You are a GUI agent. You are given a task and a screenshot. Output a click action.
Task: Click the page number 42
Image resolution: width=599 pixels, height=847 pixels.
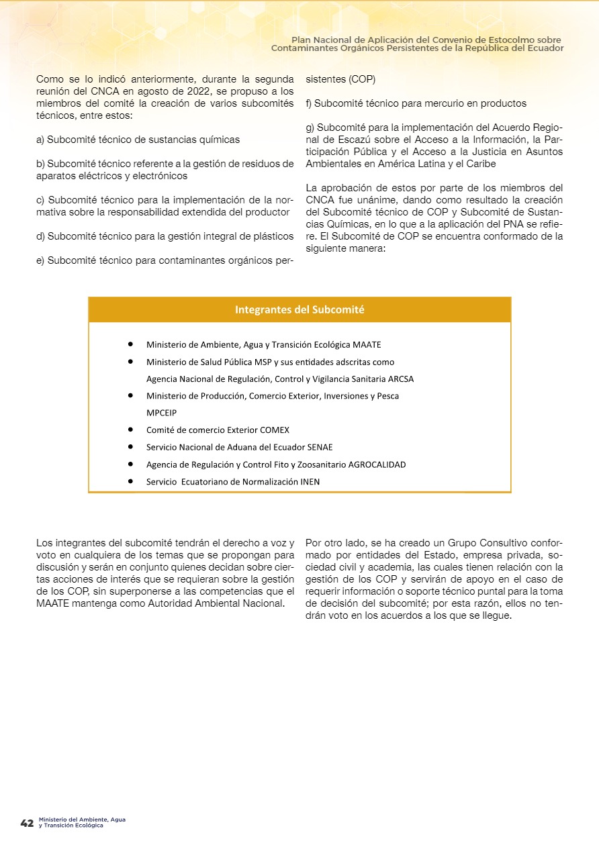27,823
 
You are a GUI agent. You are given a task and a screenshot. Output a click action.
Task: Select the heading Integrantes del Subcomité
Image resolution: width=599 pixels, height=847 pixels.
299,309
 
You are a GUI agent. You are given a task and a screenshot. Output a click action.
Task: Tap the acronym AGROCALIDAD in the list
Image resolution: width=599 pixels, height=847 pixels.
377,464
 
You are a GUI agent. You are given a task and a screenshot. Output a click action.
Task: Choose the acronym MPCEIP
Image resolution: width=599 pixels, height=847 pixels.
162,413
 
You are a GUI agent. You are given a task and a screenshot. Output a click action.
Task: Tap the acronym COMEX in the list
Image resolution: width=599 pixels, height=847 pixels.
275,430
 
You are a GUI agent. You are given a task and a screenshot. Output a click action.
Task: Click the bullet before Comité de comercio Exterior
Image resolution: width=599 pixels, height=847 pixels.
130,430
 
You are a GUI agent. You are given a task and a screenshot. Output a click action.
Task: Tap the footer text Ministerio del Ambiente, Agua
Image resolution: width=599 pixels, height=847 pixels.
82,819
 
